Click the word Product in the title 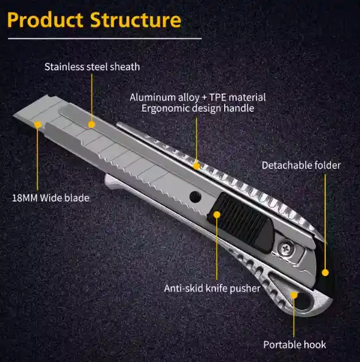point(45,20)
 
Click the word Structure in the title point(136,20)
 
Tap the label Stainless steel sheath point(92,67)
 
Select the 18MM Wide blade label point(51,198)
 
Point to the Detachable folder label point(301,166)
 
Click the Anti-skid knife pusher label point(212,288)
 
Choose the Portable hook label point(295,345)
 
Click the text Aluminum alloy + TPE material point(198,97)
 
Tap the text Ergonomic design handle point(198,108)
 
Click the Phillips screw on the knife point(286,249)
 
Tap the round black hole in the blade point(195,197)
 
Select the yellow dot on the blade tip point(38,124)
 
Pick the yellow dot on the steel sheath point(92,124)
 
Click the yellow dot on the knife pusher point(217,215)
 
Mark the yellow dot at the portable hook point(294,295)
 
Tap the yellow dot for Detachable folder point(325,273)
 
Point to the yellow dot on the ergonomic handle point(196,166)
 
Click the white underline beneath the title point(105,39)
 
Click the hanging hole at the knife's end point(304,300)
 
